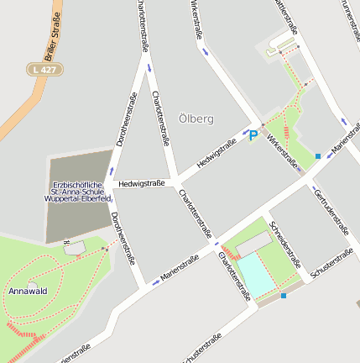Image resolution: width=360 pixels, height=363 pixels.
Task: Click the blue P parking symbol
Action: click(253, 134)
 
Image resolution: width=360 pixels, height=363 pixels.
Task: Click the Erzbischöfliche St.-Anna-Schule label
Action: click(81, 192)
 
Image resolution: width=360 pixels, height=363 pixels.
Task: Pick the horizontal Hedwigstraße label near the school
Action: click(141, 182)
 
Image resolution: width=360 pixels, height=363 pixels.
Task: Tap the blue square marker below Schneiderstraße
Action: click(284, 296)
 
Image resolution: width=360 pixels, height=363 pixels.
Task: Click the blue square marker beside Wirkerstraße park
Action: click(318, 156)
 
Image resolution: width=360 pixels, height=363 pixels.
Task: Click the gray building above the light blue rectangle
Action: click(253, 245)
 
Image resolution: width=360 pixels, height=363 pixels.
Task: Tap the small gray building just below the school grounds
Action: click(74, 249)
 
